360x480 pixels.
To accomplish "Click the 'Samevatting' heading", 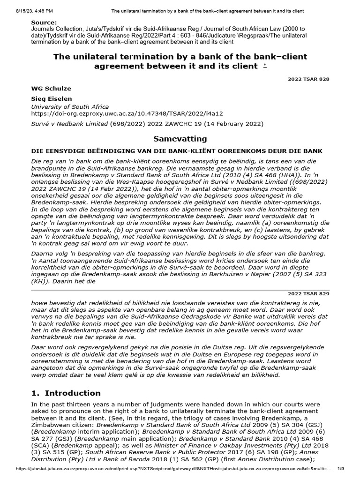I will (x=180, y=139).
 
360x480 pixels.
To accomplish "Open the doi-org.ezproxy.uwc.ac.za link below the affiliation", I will (x=127, y=113).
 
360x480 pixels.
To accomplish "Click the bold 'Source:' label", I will (x=44, y=22).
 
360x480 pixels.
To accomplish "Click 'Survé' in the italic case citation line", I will (x=40, y=124).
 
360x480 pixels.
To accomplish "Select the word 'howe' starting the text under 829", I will (x=39, y=303).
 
